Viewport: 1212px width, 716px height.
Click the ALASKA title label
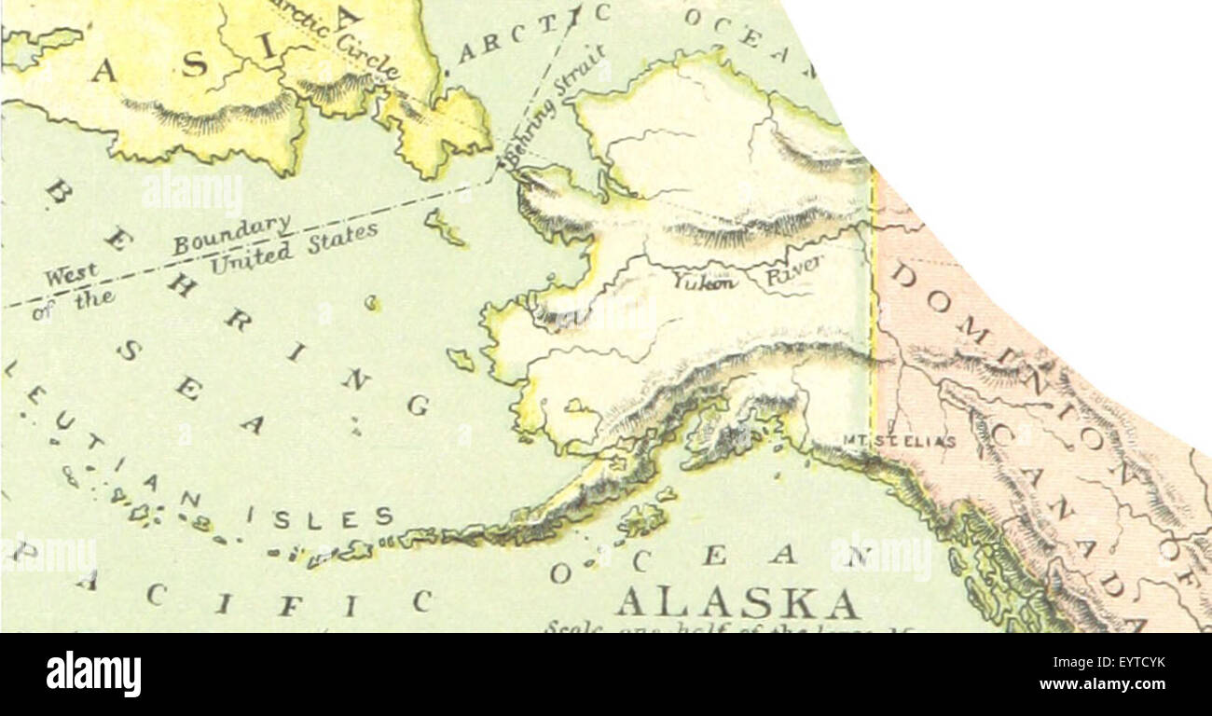(x=737, y=603)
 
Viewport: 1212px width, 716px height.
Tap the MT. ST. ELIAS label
(x=899, y=441)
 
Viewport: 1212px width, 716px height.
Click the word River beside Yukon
(x=794, y=271)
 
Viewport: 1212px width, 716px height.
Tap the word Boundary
(x=231, y=235)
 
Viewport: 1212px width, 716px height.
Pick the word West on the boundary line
(x=71, y=276)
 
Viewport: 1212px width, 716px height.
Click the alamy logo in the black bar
(x=93, y=674)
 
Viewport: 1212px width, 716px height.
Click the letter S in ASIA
(x=194, y=64)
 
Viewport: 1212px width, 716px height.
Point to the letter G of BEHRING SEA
(x=418, y=406)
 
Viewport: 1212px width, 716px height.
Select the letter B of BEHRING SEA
(x=58, y=192)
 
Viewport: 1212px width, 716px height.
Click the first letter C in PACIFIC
(x=156, y=593)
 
